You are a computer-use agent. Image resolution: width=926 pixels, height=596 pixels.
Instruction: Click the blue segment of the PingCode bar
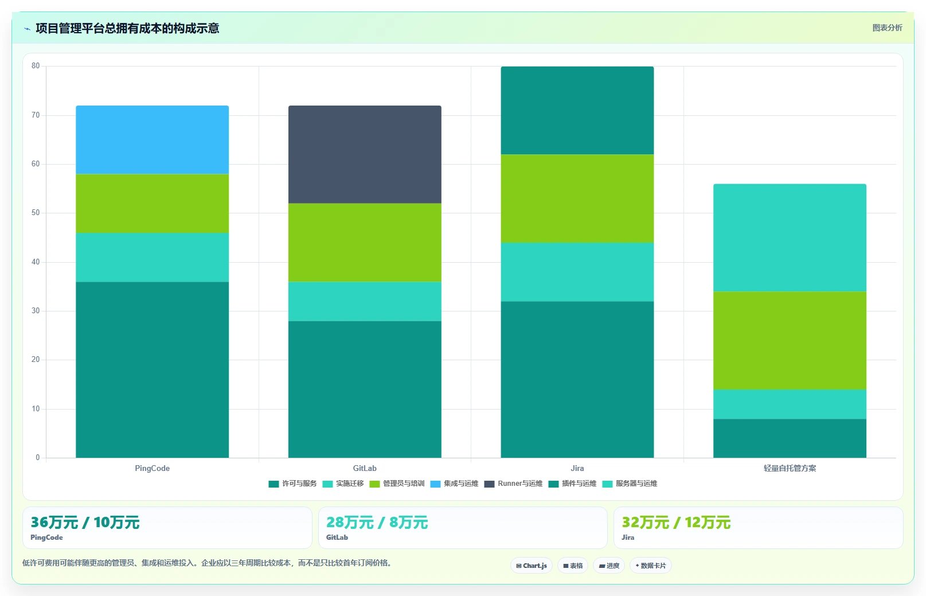click(x=152, y=140)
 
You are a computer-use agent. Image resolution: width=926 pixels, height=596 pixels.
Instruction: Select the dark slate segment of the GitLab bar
click(x=365, y=154)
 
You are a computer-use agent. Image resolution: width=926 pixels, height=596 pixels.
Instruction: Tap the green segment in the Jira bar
click(x=577, y=198)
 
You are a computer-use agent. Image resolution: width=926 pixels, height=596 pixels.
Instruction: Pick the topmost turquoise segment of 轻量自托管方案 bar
click(x=790, y=238)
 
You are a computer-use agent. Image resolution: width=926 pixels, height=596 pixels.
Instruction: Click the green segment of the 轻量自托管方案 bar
click(x=790, y=340)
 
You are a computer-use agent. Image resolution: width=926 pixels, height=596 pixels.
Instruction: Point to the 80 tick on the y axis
click(x=36, y=66)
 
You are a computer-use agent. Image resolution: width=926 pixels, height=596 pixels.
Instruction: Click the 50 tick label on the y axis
click(x=36, y=213)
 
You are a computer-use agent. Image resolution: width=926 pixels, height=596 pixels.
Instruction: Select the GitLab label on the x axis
click(x=365, y=468)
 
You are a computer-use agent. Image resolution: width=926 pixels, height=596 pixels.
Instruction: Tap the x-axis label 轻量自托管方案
click(x=790, y=468)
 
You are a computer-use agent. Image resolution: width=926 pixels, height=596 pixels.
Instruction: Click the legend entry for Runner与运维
click(x=513, y=484)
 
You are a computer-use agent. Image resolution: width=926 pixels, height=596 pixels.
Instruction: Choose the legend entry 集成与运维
click(x=454, y=484)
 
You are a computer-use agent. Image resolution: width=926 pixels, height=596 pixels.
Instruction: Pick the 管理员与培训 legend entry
click(x=397, y=484)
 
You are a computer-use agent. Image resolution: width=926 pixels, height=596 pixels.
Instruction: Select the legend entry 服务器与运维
click(x=630, y=484)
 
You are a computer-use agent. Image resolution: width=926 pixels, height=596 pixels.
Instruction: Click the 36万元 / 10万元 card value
click(x=85, y=523)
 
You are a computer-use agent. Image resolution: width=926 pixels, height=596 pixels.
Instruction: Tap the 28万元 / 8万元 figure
click(x=377, y=523)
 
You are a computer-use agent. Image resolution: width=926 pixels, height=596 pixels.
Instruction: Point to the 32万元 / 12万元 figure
click(x=677, y=523)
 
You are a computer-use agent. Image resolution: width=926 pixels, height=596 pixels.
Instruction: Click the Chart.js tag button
click(x=532, y=566)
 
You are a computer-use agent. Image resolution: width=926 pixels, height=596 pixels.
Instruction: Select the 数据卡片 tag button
click(x=651, y=566)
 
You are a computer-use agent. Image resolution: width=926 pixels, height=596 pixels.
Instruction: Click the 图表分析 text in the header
click(x=887, y=28)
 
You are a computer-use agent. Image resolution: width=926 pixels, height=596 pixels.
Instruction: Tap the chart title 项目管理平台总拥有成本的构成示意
click(x=127, y=28)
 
